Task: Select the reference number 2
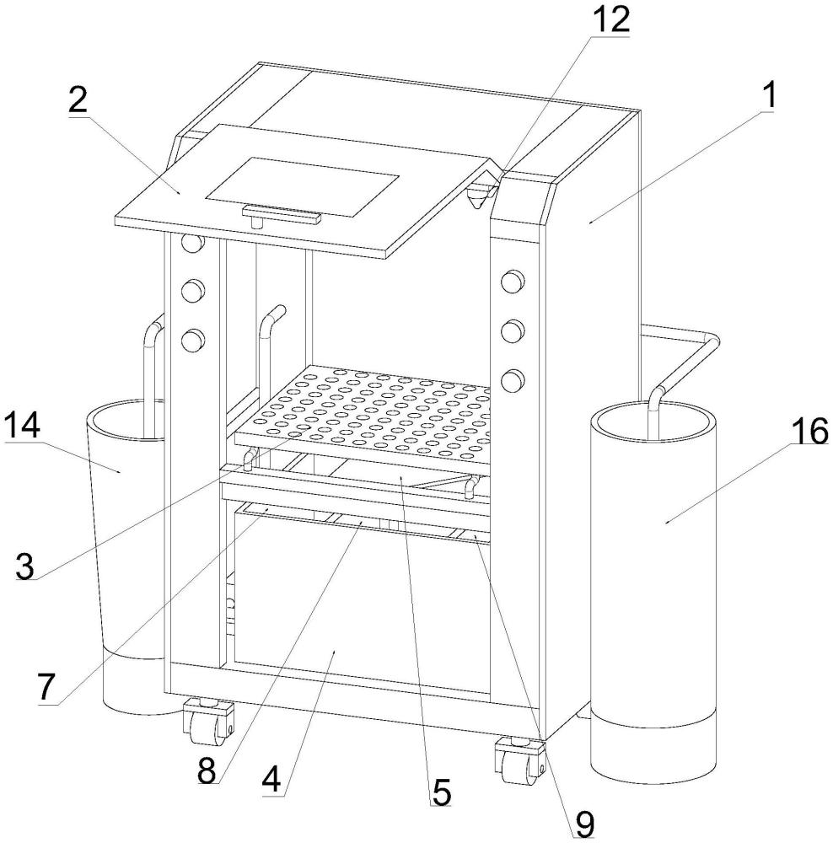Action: tap(78, 101)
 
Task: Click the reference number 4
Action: tap(271, 780)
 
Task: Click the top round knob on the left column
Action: tap(193, 244)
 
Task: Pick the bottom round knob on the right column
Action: tap(512, 380)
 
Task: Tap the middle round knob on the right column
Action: tap(512, 330)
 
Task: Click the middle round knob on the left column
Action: tap(194, 293)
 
